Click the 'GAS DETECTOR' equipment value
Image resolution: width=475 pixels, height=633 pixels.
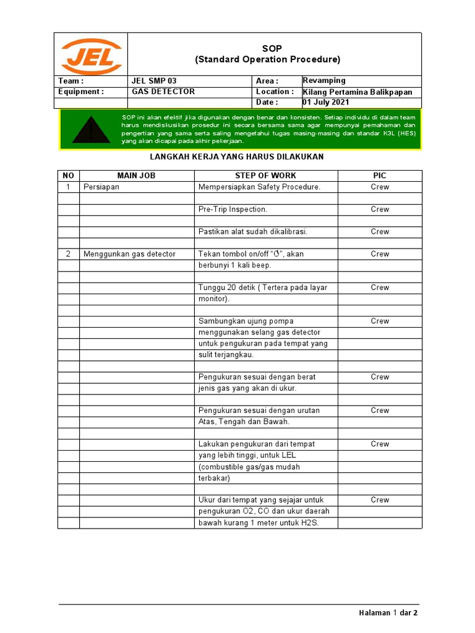tap(163, 91)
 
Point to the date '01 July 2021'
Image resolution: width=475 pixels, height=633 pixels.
tap(326, 102)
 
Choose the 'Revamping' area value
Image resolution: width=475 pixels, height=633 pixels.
tap(324, 80)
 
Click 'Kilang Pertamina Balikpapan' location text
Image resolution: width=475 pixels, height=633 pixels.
tap(357, 92)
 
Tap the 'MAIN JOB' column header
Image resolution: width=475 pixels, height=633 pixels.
tap(136, 176)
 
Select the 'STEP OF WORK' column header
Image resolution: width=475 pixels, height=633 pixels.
tap(265, 176)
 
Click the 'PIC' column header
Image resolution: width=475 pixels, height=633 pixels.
tap(380, 176)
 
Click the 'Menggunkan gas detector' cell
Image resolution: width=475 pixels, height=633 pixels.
tap(129, 254)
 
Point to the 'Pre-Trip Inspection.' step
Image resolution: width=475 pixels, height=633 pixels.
tap(233, 210)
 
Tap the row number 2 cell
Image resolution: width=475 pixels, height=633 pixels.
tap(69, 254)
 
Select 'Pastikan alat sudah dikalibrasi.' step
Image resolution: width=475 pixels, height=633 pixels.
tap(252, 232)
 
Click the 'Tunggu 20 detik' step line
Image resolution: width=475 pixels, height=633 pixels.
tap(263, 287)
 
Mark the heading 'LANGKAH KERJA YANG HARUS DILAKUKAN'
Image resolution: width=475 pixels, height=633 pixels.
tap(237, 157)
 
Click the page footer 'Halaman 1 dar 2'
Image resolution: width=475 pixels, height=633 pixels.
tap(388, 613)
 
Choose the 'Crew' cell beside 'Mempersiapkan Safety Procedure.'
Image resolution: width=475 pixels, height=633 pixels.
tap(380, 187)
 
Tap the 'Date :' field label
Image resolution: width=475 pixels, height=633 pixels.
tap(267, 102)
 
